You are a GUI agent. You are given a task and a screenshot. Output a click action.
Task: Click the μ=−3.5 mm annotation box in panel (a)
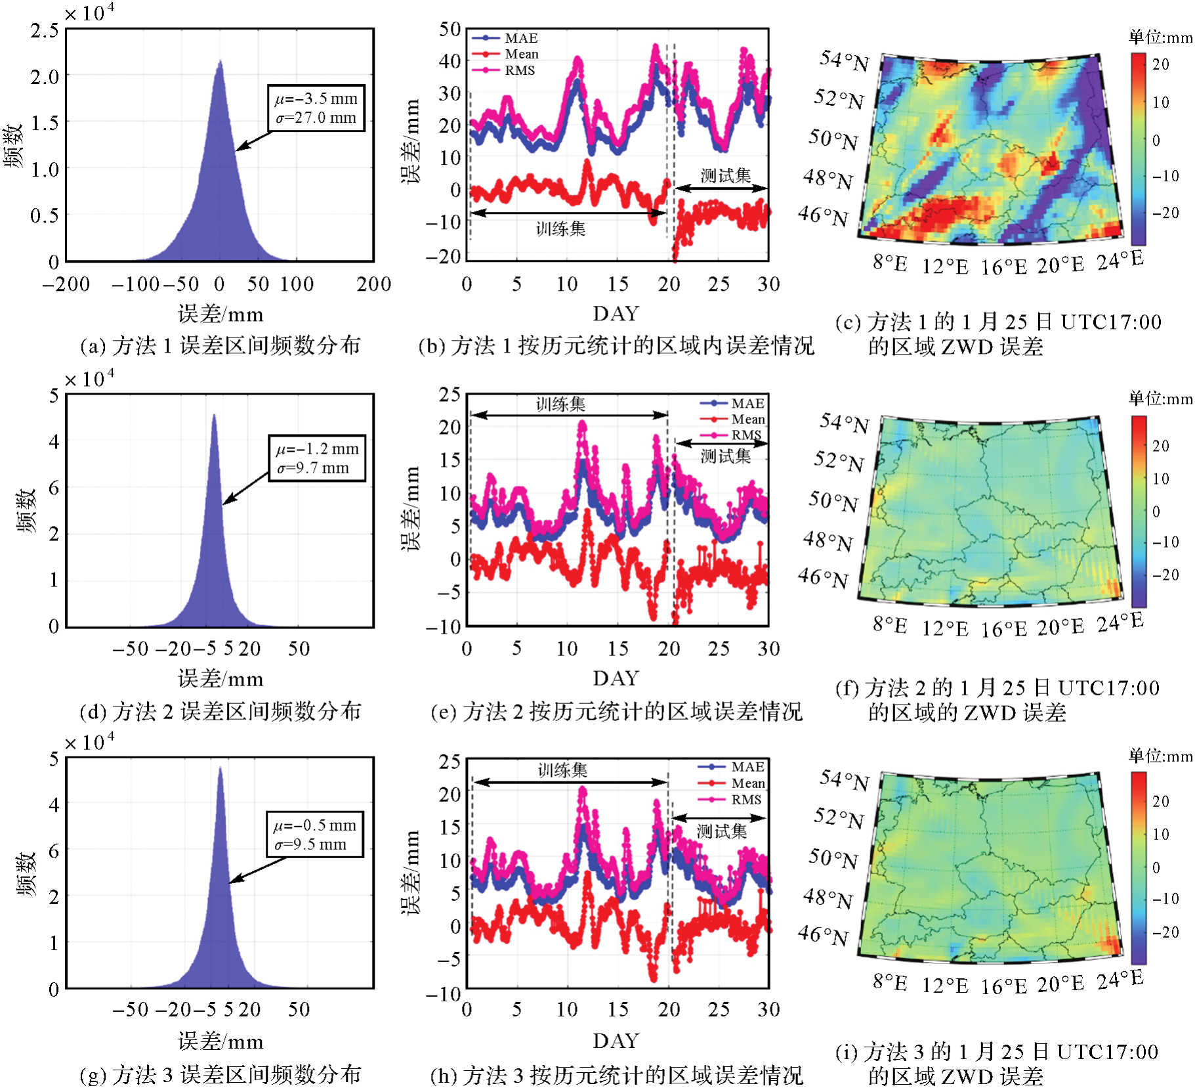316,99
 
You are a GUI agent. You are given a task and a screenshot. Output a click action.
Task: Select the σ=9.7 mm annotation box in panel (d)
313,468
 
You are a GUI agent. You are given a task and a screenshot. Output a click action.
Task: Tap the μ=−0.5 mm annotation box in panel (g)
314,825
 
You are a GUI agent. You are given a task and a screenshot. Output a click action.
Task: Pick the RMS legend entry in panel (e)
746,435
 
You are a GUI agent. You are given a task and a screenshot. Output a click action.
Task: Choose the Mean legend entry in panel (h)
747,783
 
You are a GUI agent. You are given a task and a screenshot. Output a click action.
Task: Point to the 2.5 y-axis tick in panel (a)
45,30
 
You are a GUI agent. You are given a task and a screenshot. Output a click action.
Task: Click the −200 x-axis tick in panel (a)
66,284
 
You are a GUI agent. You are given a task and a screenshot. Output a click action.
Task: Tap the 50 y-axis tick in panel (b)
450,29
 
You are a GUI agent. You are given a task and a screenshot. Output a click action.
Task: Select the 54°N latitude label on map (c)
844,60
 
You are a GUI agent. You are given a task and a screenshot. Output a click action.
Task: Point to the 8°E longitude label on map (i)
890,982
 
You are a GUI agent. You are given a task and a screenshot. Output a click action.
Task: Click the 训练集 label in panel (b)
560,228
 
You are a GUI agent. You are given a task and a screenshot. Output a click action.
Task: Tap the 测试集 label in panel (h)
721,831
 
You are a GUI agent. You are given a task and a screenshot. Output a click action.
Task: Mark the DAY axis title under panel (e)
616,678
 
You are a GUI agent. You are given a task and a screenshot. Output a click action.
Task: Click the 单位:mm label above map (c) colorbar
1160,37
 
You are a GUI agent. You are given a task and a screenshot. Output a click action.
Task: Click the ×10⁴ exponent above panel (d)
89,378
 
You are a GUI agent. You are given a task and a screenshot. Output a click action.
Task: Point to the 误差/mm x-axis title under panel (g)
220,1041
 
